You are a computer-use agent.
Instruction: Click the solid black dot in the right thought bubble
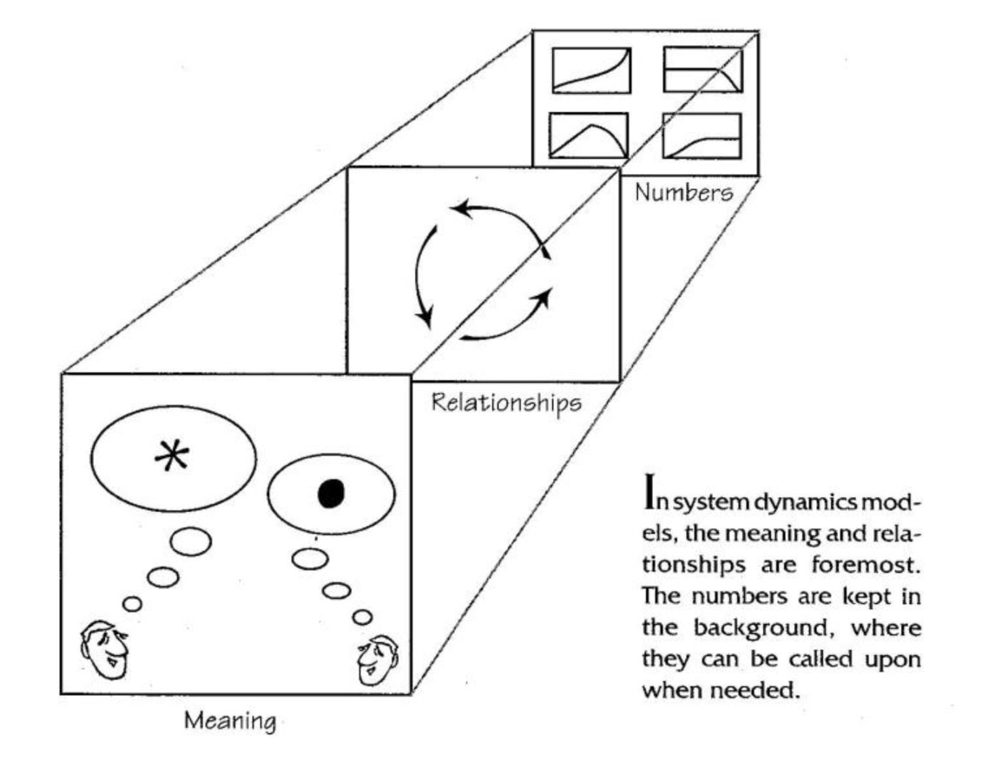point(332,493)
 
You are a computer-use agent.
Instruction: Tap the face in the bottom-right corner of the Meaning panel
point(375,658)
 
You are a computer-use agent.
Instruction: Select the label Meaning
point(230,721)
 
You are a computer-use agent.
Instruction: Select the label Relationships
point(506,403)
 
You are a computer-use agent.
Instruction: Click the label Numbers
point(682,193)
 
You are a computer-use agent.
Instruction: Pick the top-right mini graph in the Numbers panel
point(702,70)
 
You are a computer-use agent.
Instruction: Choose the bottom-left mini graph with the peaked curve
point(590,136)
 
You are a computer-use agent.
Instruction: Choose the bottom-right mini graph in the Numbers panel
point(702,136)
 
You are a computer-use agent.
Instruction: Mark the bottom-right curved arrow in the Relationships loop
point(508,318)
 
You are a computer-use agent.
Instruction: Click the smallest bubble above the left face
point(132,604)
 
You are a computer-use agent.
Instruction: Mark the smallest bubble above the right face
point(363,617)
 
